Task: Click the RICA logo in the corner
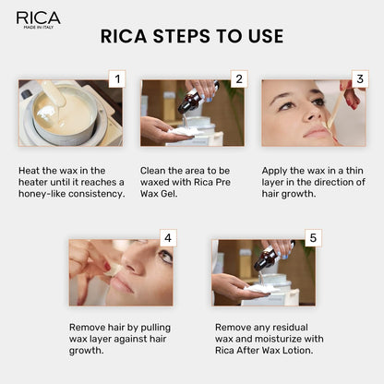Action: pyautogui.click(x=38, y=18)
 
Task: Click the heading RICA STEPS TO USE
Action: pyautogui.click(x=191, y=37)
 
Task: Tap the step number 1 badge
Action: pyautogui.click(x=115, y=79)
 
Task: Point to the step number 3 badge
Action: pyautogui.click(x=361, y=79)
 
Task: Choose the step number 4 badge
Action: pyautogui.click(x=167, y=237)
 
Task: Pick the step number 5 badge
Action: pyautogui.click(x=314, y=237)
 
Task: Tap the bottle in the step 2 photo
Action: pyautogui.click(x=189, y=100)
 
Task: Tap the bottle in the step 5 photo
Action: pyautogui.click(x=266, y=259)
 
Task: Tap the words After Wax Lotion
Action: pyautogui.click(x=270, y=351)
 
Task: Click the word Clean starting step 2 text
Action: pyautogui.click(x=156, y=171)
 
